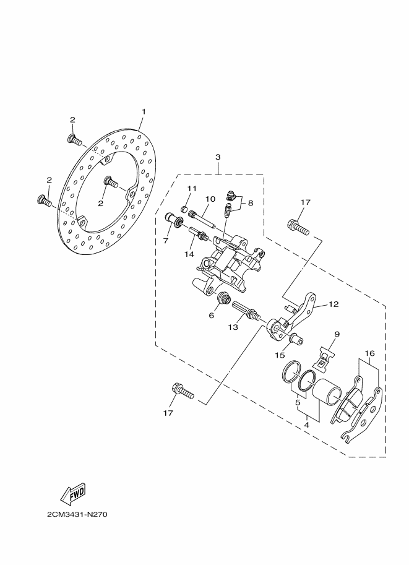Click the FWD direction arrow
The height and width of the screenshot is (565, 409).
[72, 493]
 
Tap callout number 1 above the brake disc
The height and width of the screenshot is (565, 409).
[144, 112]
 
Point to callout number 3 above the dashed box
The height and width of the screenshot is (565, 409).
[218, 157]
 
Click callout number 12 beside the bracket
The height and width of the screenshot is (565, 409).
[334, 304]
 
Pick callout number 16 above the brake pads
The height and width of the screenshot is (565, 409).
[369, 354]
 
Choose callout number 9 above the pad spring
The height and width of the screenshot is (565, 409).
[337, 335]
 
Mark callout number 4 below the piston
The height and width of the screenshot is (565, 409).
[307, 426]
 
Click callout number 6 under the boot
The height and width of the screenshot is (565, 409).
[211, 316]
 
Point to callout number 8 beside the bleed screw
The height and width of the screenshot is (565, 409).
[251, 202]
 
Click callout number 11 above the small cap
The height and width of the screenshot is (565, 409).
[192, 188]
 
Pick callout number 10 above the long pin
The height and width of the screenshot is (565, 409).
[210, 199]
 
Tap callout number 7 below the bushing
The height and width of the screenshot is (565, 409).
[166, 240]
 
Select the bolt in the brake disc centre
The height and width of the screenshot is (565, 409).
[111, 183]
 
